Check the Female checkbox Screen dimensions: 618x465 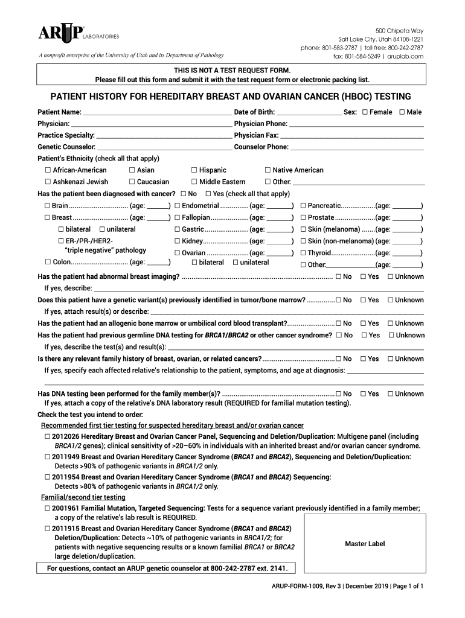(365, 112)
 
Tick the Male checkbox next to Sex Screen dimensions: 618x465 (402, 112)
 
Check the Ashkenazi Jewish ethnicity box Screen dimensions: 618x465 (48, 182)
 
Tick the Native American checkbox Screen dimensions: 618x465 (268, 170)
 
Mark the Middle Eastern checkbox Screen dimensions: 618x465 (194, 182)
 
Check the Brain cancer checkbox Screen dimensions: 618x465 (47, 206)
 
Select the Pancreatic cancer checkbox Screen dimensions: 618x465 (303, 206)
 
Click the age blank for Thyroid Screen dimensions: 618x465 (407, 253)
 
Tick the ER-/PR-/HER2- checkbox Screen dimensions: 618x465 (60, 241)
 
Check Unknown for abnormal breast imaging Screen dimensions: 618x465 (391, 276)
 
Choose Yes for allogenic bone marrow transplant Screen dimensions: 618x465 (364, 323)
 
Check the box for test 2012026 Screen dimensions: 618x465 (47, 436)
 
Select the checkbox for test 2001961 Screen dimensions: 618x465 (47, 509)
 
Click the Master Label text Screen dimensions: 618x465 (365, 544)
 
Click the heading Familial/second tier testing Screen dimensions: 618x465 (83, 497)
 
